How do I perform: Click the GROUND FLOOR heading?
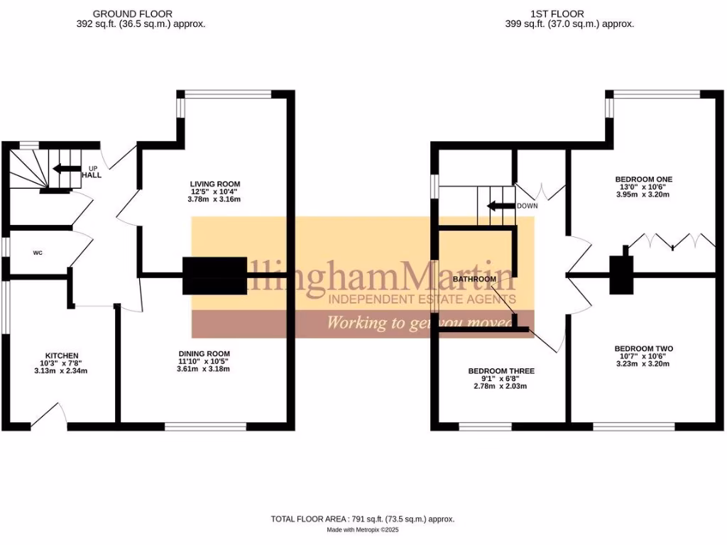133,13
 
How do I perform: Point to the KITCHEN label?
62,356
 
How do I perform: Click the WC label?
38,252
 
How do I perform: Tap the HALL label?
92,175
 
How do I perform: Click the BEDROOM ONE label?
644,179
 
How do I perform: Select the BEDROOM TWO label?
644,348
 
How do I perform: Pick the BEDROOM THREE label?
501,371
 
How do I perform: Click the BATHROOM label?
474,280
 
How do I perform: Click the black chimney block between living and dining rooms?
214,275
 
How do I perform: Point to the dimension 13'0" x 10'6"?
644,187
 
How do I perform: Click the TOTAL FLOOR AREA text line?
362,519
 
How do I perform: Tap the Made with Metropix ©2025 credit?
362,530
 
